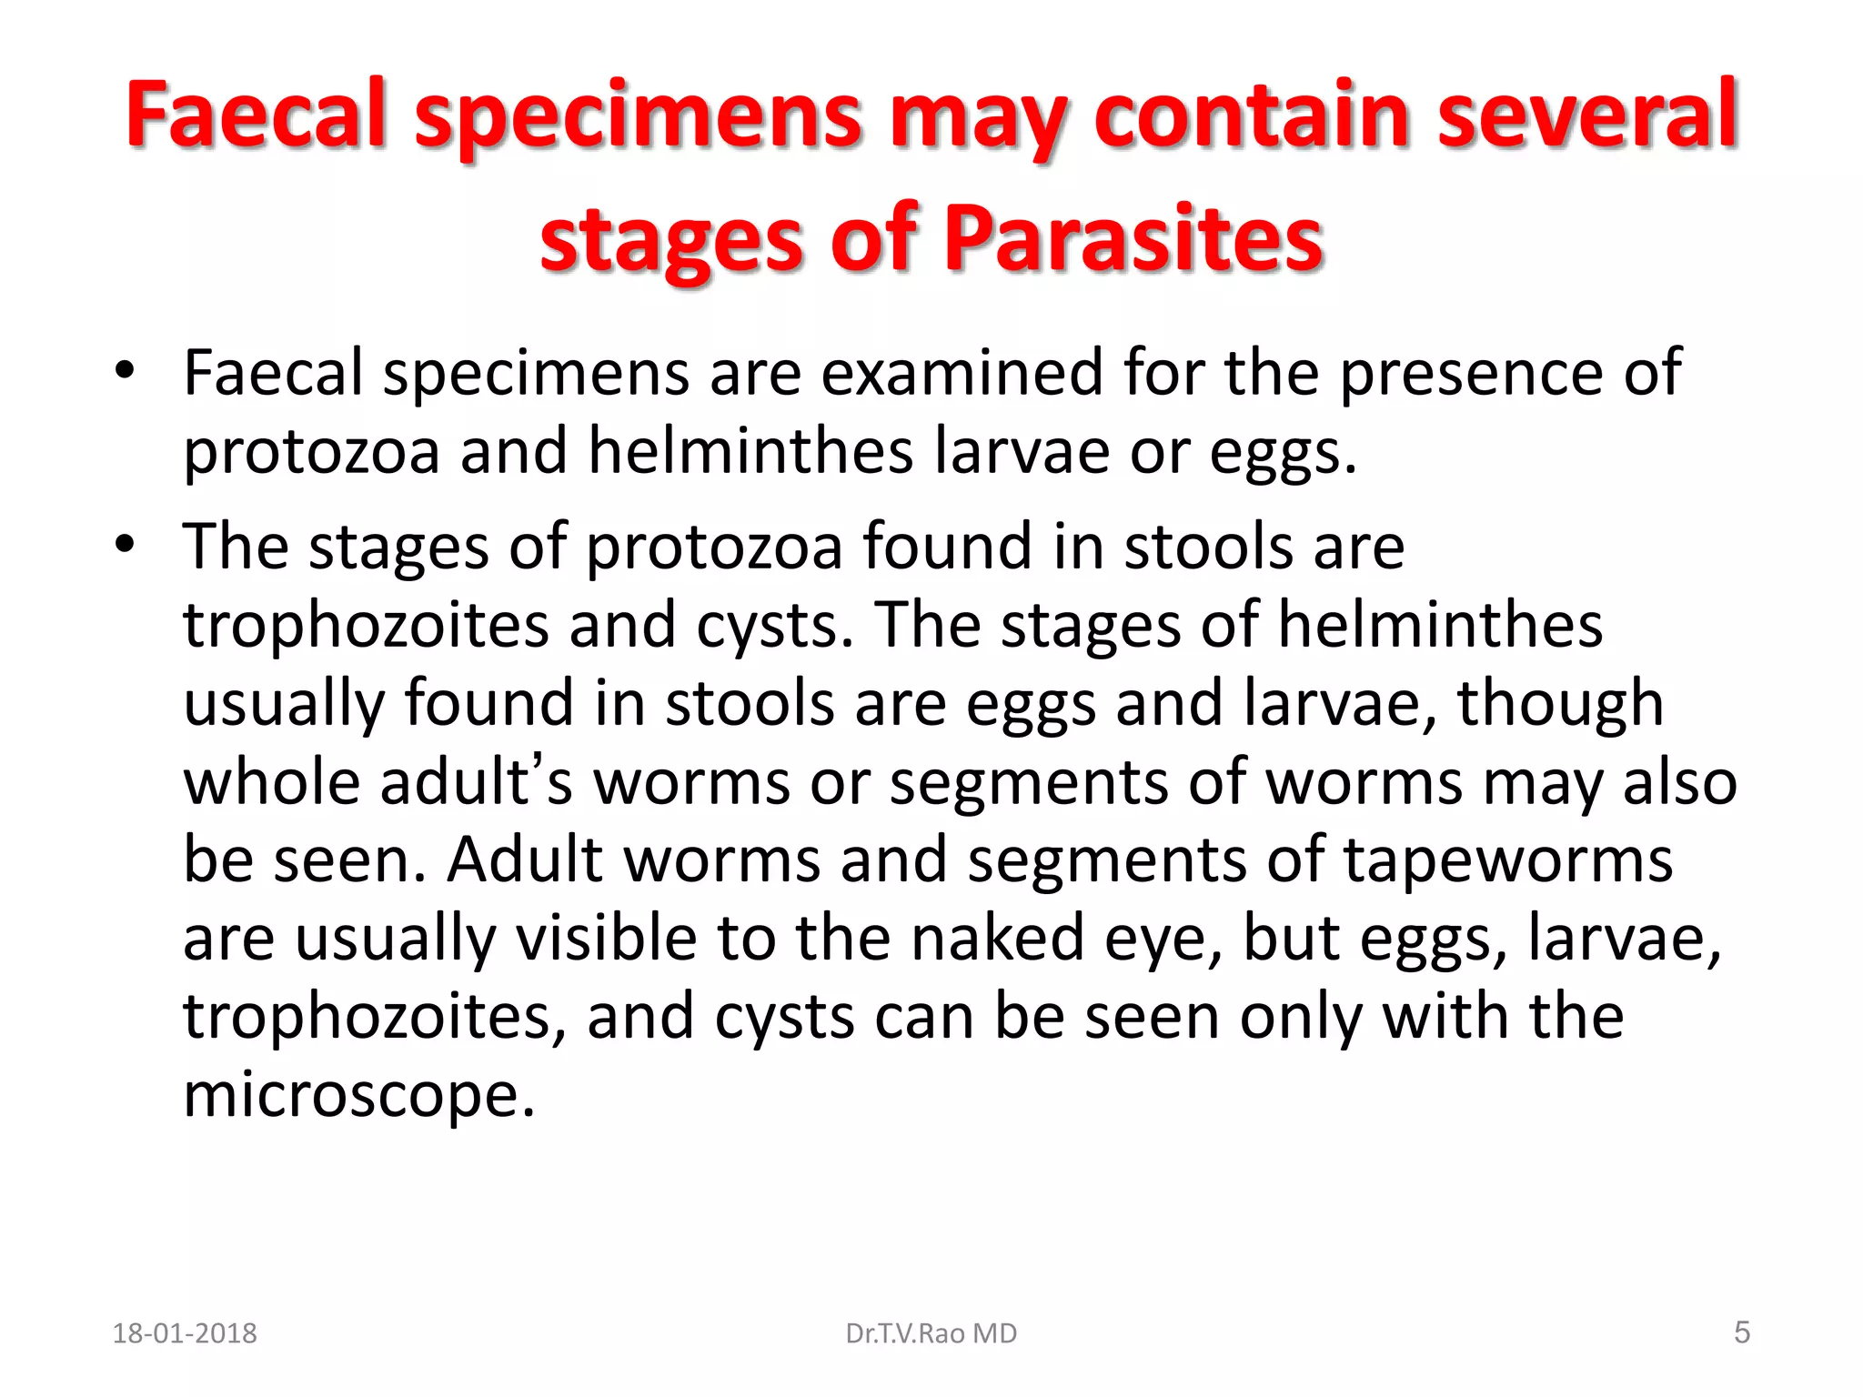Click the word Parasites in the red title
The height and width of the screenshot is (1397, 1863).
(x=1133, y=238)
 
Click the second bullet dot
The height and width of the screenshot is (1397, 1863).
(x=125, y=544)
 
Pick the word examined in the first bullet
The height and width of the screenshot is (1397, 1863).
(x=962, y=373)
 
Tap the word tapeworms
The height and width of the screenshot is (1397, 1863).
(x=1507, y=860)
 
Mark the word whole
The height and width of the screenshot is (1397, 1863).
(x=271, y=782)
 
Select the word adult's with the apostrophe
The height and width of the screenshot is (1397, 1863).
(x=476, y=782)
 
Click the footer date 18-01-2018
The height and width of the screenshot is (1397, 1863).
(x=185, y=1333)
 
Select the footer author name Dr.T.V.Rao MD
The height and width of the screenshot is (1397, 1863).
(x=931, y=1333)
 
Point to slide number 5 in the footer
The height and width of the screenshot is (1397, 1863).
(x=1741, y=1332)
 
